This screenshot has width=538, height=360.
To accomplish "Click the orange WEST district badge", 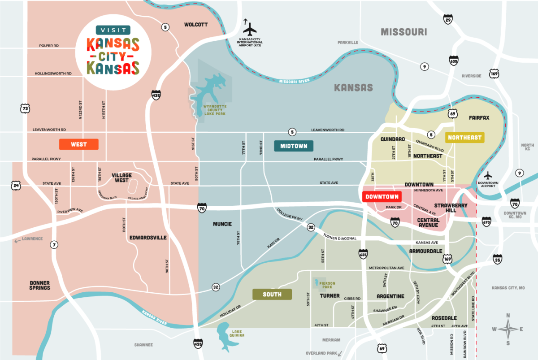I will (78, 144).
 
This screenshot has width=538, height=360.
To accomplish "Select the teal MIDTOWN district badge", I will (294, 146).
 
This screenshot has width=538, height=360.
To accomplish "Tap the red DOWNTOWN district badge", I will (382, 196).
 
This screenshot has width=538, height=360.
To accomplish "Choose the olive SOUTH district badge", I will (272, 294).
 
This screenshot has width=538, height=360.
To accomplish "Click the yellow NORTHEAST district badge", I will (464, 138).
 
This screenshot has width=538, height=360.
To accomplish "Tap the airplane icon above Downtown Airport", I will (488, 175).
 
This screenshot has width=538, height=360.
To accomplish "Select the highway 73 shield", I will (25, 108).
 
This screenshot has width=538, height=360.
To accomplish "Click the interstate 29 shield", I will (447, 19).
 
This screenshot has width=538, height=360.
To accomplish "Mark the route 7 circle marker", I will (54, 244).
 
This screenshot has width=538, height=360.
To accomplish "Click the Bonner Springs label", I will (40, 285).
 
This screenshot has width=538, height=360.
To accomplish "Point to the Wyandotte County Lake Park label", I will (215, 110).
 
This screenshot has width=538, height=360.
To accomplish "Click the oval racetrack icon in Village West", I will (133, 186).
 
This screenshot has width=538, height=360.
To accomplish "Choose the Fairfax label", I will (479, 117).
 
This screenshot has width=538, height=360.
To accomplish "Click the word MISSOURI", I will (403, 32).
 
